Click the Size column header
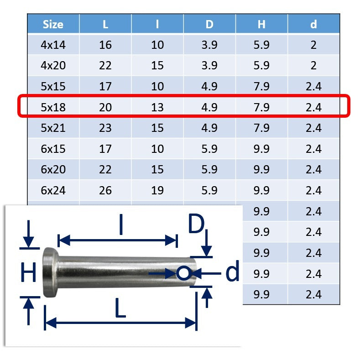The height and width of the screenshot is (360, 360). [x=53, y=24]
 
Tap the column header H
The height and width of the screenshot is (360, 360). [x=261, y=24]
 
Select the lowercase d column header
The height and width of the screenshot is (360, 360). [x=313, y=24]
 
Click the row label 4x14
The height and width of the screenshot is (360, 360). [x=53, y=45]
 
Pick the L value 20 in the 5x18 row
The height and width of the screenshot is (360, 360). [x=105, y=107]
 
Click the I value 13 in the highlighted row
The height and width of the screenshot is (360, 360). [x=157, y=107]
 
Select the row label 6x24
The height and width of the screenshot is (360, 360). [x=53, y=190]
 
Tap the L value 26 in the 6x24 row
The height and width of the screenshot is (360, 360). [x=105, y=190]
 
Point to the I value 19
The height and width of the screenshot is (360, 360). [x=157, y=190]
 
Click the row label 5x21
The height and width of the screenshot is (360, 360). [x=53, y=128]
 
